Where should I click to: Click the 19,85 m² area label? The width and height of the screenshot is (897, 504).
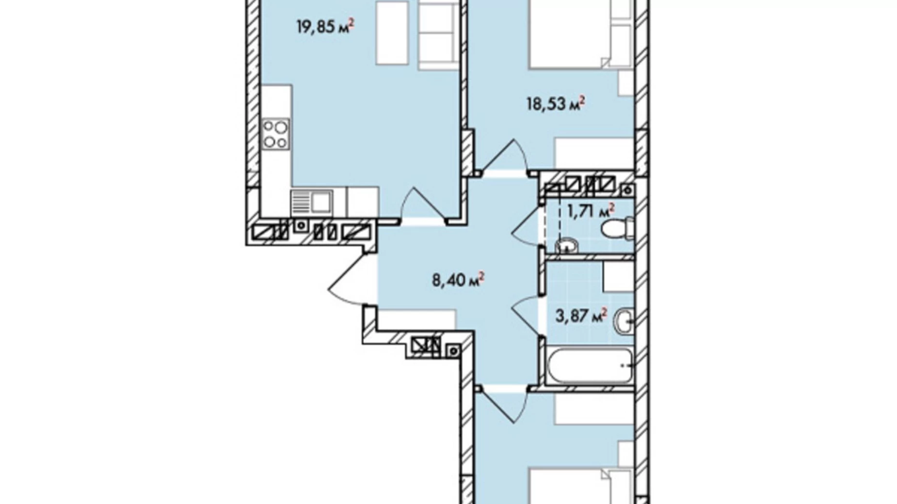[x=325, y=26]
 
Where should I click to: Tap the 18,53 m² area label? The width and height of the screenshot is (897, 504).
[x=556, y=103]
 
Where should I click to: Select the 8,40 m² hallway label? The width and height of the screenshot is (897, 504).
[x=458, y=280]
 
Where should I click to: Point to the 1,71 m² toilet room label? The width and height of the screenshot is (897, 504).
[x=591, y=211]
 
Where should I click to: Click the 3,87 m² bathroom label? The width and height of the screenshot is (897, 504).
[x=581, y=316]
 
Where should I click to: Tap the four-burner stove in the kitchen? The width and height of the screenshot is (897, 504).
[x=275, y=134]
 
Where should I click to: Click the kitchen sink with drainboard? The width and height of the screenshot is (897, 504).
[x=311, y=202]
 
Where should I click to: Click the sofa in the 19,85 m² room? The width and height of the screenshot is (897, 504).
[x=439, y=34]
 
